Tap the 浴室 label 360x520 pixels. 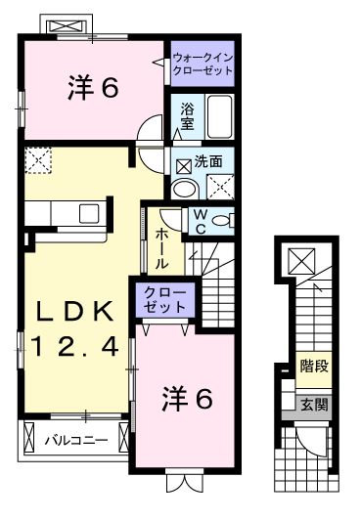point(187,119)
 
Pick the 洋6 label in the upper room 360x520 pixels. point(93,88)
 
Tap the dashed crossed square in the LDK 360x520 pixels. point(39,160)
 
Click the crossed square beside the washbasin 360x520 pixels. point(221,186)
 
